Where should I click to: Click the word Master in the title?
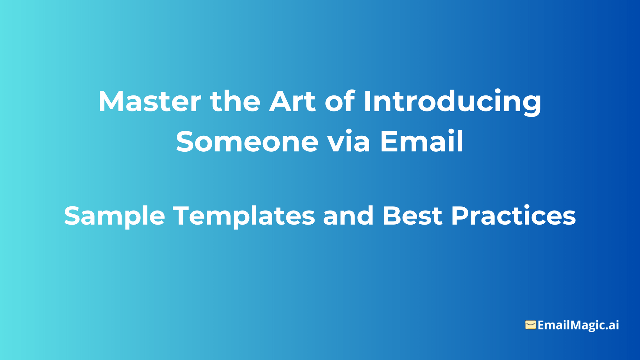(150, 102)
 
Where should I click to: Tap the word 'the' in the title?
(235, 102)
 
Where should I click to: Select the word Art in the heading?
(292, 102)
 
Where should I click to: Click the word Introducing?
(452, 102)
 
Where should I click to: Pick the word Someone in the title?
(247, 142)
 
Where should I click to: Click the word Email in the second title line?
(422, 142)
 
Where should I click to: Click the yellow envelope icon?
(530, 325)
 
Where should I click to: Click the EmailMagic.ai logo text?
(578, 325)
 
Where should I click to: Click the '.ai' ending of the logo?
(612, 325)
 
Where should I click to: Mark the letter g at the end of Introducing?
(531, 104)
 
